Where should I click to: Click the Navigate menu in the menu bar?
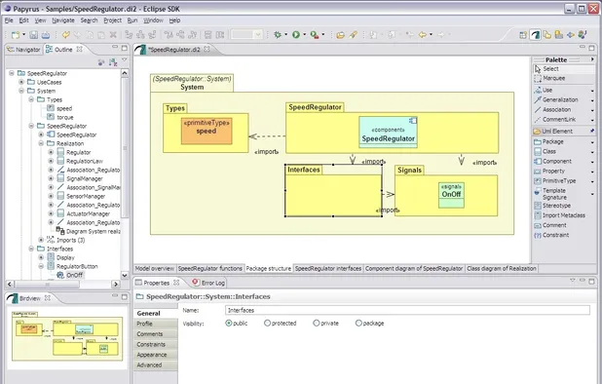coord(62,19)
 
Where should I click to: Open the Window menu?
coord(153,19)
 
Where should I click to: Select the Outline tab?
coord(62,49)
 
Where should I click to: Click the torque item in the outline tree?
coord(64,117)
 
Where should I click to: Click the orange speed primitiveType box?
coord(207,130)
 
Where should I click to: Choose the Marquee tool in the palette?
coord(554,78)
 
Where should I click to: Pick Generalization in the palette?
coord(563,98)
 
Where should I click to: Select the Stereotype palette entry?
coord(557,206)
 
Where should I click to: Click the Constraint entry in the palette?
coord(556,235)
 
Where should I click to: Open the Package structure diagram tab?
coord(268,267)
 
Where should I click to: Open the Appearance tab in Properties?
coord(152,355)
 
